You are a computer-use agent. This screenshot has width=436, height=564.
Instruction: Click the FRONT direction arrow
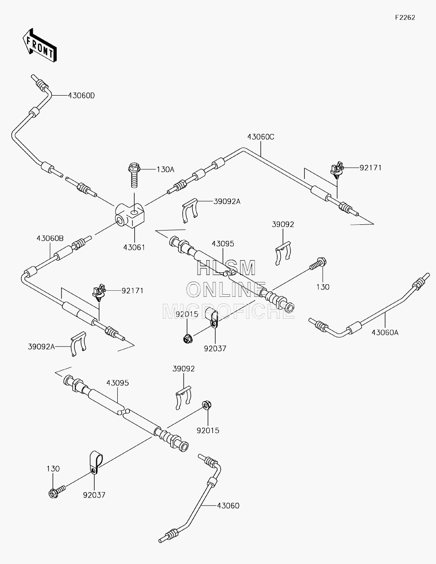click(x=39, y=45)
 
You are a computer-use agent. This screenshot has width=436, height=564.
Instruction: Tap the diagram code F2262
click(x=405, y=17)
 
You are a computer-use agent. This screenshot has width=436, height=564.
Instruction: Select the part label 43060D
click(x=82, y=96)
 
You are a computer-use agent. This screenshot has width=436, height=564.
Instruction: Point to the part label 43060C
click(x=261, y=137)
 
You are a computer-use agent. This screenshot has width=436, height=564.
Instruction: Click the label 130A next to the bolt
click(x=165, y=169)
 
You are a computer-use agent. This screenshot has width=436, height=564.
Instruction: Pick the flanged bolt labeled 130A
click(x=134, y=175)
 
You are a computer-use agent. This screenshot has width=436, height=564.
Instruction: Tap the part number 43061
click(x=134, y=248)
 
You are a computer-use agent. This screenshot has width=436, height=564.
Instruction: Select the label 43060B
click(x=50, y=238)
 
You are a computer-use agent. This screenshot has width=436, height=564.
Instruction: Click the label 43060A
click(x=385, y=332)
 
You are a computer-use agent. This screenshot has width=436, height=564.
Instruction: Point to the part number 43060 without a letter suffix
click(x=228, y=506)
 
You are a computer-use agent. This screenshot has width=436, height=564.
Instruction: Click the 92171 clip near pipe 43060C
click(x=337, y=170)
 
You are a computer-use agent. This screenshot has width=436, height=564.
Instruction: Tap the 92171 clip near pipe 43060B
click(x=99, y=293)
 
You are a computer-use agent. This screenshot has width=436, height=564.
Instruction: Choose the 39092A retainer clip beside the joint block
click(x=190, y=210)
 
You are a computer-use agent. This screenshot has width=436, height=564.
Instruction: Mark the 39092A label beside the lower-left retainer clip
click(x=41, y=347)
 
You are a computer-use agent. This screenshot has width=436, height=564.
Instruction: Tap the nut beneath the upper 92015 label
click(x=187, y=339)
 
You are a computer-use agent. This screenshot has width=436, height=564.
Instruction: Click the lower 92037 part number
click(x=94, y=495)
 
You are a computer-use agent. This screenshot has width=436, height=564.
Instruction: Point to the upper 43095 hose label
click(x=223, y=244)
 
